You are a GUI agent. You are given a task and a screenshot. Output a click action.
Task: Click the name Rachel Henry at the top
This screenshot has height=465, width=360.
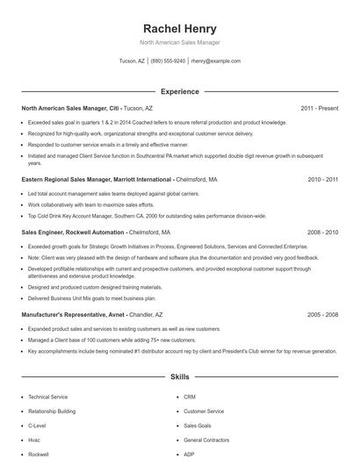click(180, 28)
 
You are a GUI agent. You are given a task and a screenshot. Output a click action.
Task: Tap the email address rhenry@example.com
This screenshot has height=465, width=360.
click(215, 61)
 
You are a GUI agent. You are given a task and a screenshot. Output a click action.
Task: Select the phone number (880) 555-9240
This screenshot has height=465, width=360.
click(168, 61)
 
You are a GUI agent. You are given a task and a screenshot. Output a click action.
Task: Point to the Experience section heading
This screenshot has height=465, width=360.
click(180, 91)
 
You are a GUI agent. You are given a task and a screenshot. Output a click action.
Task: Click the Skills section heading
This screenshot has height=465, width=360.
click(180, 376)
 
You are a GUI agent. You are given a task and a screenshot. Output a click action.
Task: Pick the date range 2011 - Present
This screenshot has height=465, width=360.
click(319, 108)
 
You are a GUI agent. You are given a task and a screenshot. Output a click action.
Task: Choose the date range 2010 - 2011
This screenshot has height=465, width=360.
click(322, 179)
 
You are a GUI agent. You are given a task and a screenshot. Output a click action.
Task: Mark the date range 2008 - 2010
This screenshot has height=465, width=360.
click(322, 233)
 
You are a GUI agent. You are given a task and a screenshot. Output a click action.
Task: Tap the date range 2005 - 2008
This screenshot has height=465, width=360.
click(322, 314)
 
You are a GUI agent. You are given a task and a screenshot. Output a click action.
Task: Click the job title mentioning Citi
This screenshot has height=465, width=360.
click(88, 108)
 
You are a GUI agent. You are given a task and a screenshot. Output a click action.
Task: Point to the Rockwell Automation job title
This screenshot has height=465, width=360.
click(96, 233)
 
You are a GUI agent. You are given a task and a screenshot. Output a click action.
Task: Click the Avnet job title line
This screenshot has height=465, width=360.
click(92, 314)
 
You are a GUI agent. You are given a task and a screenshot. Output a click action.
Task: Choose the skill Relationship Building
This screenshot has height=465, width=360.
click(52, 411)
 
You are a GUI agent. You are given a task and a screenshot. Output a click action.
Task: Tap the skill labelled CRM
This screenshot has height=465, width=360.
click(190, 397)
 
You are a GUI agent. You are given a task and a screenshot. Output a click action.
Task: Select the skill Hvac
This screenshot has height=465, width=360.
click(35, 440)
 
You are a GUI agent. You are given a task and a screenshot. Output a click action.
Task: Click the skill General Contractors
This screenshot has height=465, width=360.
click(206, 440)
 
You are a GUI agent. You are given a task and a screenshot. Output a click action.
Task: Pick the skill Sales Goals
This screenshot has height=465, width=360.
click(198, 426)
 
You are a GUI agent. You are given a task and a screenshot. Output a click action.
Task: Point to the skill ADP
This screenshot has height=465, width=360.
click(190, 454)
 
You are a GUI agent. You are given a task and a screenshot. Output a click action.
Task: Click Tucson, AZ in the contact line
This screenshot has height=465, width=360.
click(132, 61)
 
